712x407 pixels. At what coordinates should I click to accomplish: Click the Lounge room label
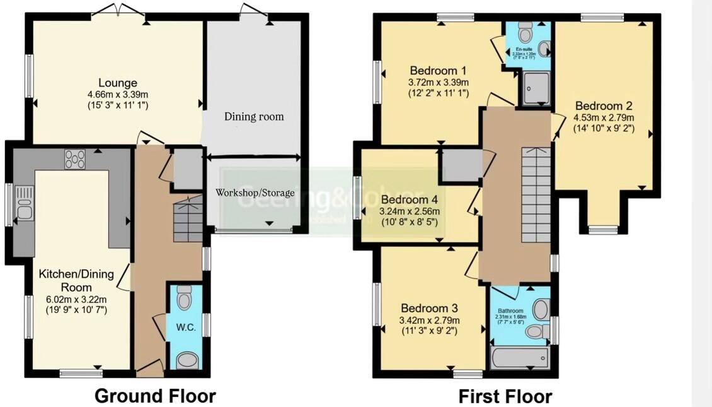pos(117,83)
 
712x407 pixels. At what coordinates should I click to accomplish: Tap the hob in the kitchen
pos(74,160)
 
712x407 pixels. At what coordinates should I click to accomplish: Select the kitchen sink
pos(25,204)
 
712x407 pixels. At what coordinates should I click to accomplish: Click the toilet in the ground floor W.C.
pos(184,297)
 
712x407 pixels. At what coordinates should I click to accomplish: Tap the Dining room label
pos(254,116)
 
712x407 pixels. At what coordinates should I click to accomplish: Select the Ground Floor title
pos(155,396)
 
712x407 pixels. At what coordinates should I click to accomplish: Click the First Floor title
pos(505,396)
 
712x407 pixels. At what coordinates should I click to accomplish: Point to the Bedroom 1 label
pos(439,69)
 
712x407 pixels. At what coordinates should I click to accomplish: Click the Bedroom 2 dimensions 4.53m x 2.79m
pos(603,117)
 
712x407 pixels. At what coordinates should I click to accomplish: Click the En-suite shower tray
pos(536,88)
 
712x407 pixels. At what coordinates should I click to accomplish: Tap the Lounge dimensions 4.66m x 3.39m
pos(118,95)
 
